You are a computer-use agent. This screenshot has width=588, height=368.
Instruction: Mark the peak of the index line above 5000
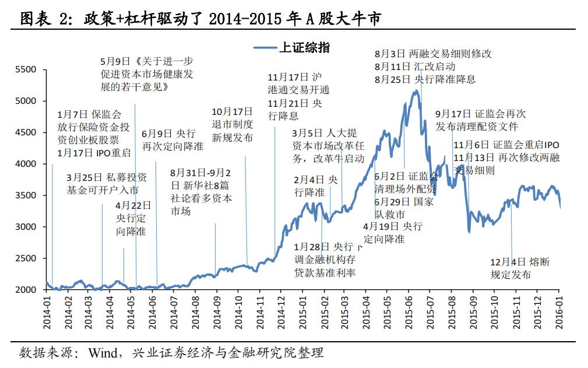(416, 92)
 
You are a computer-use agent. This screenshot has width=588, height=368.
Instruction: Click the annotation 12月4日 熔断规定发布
(519, 268)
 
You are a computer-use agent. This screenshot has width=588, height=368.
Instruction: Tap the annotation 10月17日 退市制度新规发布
(233, 124)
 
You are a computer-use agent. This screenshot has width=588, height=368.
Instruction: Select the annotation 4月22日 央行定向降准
(133, 219)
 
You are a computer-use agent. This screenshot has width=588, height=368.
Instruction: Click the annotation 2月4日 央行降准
(315, 185)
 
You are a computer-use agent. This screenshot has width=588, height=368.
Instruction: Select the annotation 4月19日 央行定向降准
(392, 233)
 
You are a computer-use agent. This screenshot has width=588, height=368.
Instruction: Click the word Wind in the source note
(103, 353)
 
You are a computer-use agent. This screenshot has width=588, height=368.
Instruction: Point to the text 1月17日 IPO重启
(94, 153)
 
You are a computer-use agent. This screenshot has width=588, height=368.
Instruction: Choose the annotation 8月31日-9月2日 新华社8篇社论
(201, 192)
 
